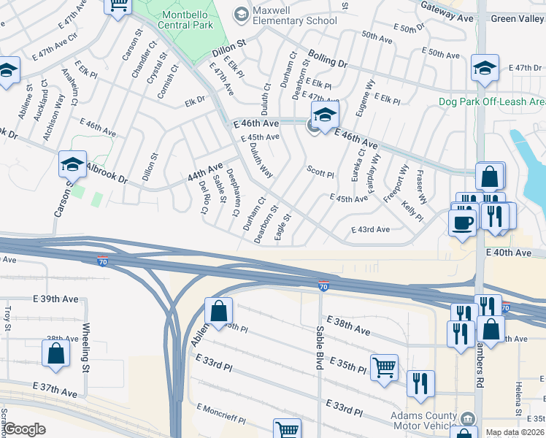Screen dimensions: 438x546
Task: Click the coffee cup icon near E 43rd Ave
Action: click(x=462, y=222)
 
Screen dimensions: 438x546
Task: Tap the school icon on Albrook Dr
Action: click(x=73, y=164)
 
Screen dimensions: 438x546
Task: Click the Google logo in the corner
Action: click(x=26, y=429)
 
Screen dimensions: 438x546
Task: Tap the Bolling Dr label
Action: click(x=327, y=59)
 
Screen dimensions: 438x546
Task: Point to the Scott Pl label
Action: click(x=320, y=174)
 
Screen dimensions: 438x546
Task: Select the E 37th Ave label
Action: click(x=55, y=389)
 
